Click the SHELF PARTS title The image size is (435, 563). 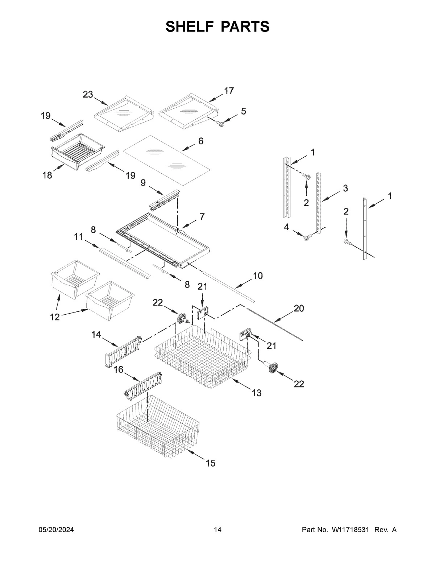tap(217, 27)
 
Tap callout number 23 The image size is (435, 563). tap(88, 95)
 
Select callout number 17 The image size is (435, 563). tap(229, 91)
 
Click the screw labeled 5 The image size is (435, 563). tap(220, 124)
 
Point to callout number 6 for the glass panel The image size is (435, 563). tap(201, 141)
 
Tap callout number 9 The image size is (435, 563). tap(143, 183)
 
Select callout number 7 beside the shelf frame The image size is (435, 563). tap(202, 217)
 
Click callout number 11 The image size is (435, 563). tap(79, 237)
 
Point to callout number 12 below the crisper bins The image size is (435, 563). tap(55, 317)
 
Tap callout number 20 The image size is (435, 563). tap(299, 308)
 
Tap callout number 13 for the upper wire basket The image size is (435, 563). tap(256, 393)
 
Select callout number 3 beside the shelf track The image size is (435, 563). tap(345, 188)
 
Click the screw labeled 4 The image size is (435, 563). tap(307, 237)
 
